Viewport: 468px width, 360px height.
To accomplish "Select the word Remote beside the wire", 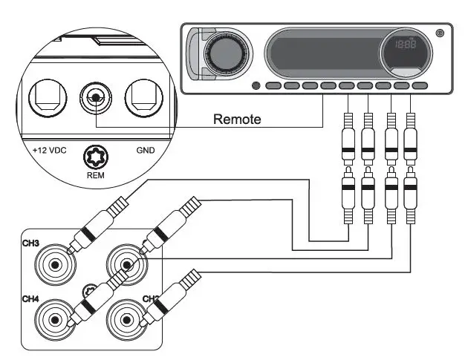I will point(237,119).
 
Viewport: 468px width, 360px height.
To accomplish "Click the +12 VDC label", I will point(49,150).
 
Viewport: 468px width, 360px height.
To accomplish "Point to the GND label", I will point(146,150).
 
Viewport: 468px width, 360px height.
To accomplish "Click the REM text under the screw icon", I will point(95,177).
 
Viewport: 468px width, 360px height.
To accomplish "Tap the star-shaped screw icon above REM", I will point(95,158).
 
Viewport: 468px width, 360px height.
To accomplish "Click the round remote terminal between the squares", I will point(94,96).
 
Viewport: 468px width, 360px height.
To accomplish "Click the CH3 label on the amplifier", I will point(30,242).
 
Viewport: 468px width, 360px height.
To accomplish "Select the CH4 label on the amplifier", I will point(30,298).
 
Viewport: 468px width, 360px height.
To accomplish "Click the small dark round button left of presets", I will point(256,85).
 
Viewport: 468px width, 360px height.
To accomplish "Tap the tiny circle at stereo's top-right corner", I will point(441,32).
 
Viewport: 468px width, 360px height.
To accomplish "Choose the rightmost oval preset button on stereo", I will point(420,86).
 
